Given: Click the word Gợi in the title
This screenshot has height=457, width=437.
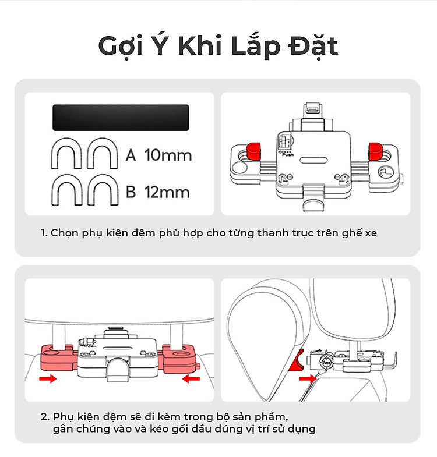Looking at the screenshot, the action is [120, 46].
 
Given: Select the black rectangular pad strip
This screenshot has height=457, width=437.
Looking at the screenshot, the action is [121, 118].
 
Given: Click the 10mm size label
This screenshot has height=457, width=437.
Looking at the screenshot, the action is [168, 155].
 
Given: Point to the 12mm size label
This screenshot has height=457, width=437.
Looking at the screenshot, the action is [167, 192].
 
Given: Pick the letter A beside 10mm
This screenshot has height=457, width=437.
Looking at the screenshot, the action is [131, 155].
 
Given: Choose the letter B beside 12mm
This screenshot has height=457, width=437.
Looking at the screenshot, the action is [131, 192].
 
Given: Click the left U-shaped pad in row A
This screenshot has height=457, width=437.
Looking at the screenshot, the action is [66, 153].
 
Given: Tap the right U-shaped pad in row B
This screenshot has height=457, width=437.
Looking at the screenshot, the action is [103, 190].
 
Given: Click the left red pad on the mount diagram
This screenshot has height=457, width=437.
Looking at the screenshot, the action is [253, 151].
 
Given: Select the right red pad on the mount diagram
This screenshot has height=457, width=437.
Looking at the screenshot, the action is [375, 151].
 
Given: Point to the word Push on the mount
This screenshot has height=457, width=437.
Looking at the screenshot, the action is [288, 154].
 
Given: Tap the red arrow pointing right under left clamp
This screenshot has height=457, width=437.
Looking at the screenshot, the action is [48, 378].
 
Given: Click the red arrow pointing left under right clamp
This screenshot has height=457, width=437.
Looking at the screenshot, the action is [191, 378].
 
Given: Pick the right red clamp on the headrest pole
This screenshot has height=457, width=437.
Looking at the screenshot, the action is [178, 359].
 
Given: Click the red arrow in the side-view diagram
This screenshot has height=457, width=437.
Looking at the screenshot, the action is [308, 378].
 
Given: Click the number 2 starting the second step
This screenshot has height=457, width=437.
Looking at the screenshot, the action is [44, 417].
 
